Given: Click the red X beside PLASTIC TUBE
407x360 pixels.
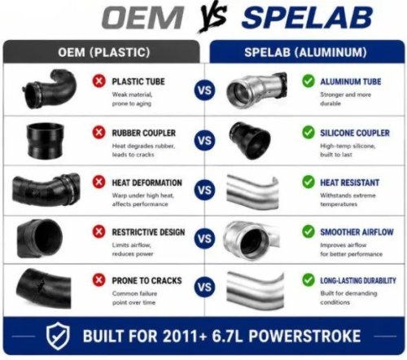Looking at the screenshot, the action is (99, 81).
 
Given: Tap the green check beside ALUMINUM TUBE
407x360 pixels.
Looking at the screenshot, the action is (309, 81).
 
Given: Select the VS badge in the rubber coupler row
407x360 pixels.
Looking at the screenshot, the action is (204, 141).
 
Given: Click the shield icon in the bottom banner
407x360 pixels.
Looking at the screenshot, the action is (58, 336).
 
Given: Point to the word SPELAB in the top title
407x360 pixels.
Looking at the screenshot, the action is (307, 18).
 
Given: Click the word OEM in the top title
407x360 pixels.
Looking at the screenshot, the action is (143, 18).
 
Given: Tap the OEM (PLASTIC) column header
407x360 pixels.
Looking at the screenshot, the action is (104, 52).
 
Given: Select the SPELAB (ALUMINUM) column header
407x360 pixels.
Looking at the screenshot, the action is (305, 52).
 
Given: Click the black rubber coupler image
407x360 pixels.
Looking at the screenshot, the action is (46, 141).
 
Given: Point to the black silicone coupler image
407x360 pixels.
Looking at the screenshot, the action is (250, 141).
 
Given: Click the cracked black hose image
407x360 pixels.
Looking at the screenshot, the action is (43, 288).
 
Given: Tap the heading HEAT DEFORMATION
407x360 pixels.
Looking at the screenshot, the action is (147, 182).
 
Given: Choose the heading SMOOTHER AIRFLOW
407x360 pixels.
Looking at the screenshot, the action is (357, 232).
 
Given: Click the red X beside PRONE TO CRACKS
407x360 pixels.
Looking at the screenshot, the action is (99, 280).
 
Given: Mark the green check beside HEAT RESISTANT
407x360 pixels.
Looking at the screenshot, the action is (309, 182).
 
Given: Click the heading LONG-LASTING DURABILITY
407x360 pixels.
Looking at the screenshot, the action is (358, 280).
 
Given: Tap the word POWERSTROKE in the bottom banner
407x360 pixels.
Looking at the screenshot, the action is (304, 336).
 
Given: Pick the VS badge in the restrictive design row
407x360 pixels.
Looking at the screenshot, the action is (204, 239).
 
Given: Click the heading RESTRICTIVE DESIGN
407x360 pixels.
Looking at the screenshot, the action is (148, 232).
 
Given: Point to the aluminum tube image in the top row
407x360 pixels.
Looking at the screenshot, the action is (256, 89).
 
